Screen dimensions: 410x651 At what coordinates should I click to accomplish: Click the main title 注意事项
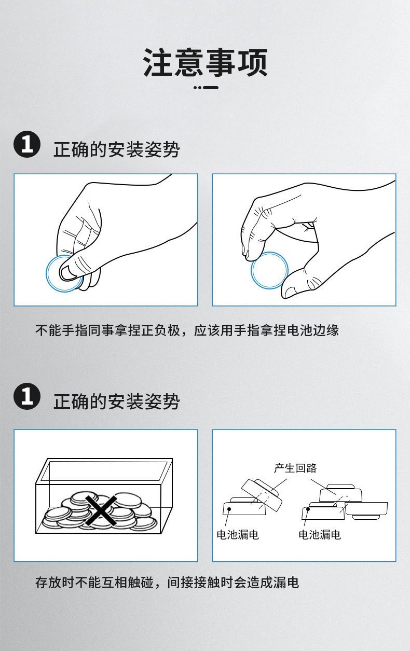(205, 62)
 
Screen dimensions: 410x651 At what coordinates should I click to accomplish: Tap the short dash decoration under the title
(206, 88)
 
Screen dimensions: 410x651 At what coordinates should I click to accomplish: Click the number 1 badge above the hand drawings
(27, 144)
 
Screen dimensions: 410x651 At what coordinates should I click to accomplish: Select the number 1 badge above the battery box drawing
(27, 396)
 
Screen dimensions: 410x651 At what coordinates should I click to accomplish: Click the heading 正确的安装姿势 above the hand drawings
(117, 150)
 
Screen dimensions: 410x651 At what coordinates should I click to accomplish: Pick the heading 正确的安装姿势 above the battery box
(117, 401)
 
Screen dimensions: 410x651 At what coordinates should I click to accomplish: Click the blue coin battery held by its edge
(269, 270)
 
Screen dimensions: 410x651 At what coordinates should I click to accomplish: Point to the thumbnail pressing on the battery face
(69, 272)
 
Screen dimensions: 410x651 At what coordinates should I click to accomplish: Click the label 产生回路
(295, 468)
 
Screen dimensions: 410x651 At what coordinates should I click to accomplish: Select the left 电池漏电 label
(238, 534)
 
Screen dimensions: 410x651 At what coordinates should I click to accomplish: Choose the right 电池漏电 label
(320, 534)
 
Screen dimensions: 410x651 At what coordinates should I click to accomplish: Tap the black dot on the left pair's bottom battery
(229, 509)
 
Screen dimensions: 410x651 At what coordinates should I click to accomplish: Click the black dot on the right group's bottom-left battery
(308, 509)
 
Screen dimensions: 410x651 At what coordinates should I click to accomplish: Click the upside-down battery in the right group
(366, 510)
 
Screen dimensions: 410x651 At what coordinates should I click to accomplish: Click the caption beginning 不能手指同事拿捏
(187, 330)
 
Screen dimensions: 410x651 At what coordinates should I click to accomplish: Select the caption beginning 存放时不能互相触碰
(167, 583)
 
